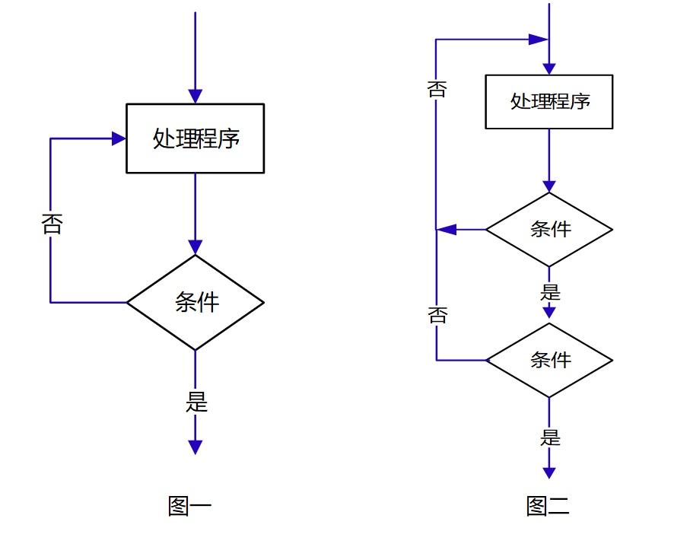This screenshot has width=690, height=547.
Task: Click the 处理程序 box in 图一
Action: [x=195, y=138]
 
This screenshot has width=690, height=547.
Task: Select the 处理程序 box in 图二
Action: [x=549, y=101]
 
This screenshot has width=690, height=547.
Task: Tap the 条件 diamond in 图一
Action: [x=195, y=302]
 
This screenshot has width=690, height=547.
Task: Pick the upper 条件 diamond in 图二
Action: [x=549, y=229]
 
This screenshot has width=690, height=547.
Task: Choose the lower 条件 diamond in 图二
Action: [x=549, y=360]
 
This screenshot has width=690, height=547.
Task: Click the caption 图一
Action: [x=189, y=506]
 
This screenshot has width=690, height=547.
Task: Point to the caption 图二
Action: [x=548, y=506]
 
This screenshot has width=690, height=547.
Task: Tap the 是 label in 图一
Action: [x=196, y=402]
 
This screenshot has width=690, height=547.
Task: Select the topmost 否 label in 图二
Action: [x=437, y=89]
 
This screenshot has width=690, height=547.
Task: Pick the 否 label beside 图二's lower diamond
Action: [x=437, y=314]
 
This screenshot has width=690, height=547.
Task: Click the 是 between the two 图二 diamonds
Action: [x=549, y=292]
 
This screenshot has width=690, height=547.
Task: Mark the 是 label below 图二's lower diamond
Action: [x=549, y=438]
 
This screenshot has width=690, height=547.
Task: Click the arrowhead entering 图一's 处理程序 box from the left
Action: [x=119, y=138]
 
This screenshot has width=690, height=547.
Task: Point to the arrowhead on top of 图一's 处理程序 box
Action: [x=195, y=96]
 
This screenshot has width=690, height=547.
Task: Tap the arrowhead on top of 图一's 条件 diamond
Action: [x=195, y=246]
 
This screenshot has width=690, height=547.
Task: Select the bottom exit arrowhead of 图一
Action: [x=195, y=447]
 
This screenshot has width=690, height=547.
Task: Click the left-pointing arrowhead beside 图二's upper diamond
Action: [x=446, y=229]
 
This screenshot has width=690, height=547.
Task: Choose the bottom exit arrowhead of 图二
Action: [x=549, y=472]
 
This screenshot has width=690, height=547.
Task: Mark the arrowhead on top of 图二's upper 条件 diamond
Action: [x=549, y=186]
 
